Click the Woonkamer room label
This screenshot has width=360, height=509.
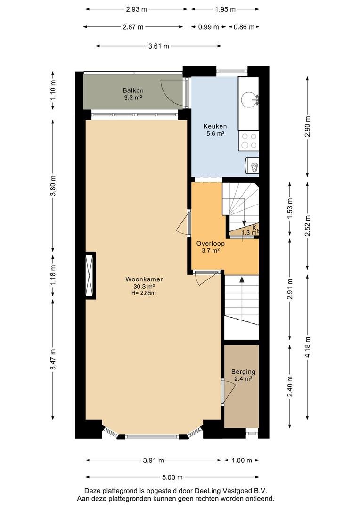point(144,279)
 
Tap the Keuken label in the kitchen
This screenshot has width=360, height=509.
point(215,126)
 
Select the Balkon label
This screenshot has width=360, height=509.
point(133,90)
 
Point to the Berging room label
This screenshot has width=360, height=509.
point(243,372)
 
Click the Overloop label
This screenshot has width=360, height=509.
point(210,243)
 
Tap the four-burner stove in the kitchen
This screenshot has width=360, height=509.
point(249,141)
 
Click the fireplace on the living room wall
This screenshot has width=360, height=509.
point(90,275)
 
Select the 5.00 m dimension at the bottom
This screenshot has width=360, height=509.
point(172,477)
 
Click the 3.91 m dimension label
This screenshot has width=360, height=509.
point(154,460)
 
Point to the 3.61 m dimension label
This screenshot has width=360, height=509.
point(159,46)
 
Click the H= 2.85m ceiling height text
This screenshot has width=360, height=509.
point(144,293)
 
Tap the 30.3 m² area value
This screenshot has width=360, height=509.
point(144,287)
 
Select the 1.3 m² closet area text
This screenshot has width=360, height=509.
point(250,232)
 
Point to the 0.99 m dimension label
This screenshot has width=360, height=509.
point(208,27)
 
